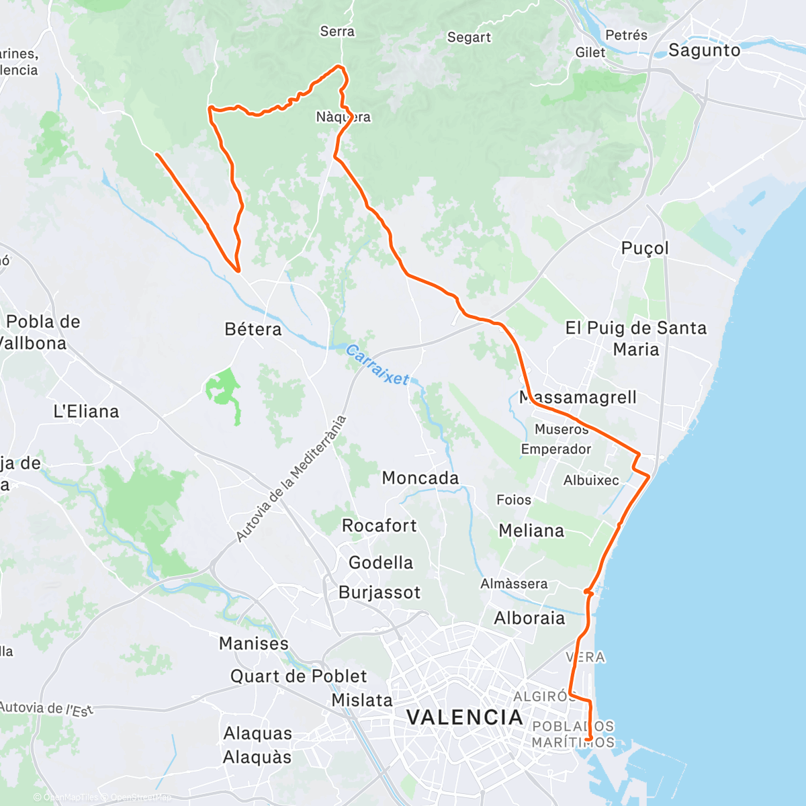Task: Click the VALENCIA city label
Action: (465, 717)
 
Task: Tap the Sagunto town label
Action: (704, 50)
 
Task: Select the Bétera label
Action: (253, 329)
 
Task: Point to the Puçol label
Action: (645, 248)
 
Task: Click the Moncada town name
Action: (420, 478)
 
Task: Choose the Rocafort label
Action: (379, 525)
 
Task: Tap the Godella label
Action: (381, 563)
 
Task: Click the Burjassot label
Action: (379, 592)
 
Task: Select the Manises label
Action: (254, 643)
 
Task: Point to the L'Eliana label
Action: (86, 411)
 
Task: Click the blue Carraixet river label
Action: (377, 365)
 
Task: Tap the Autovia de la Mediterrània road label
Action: (292, 479)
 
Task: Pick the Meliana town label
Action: (531, 531)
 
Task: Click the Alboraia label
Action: (530, 618)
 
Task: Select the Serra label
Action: (337, 31)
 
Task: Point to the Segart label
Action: (469, 38)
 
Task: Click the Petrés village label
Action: (626, 35)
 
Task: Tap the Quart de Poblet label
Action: (299, 676)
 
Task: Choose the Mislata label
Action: (362, 700)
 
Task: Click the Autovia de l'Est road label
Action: (47, 709)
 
